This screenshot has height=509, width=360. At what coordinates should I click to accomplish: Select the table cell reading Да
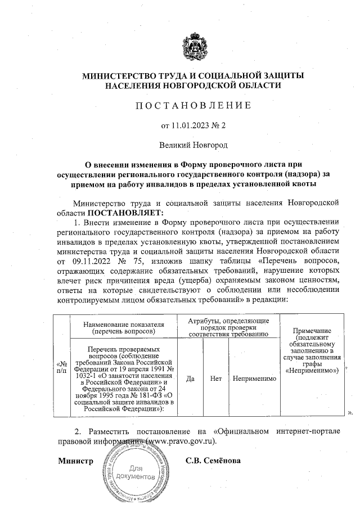[x=190, y=379]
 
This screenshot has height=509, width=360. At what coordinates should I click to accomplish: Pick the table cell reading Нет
[x=215, y=379]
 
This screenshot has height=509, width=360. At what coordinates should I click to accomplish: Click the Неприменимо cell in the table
[x=253, y=379]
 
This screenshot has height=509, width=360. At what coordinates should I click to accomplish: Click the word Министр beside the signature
[x=75, y=461]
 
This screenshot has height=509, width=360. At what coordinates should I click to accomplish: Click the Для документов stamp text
[x=135, y=472]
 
